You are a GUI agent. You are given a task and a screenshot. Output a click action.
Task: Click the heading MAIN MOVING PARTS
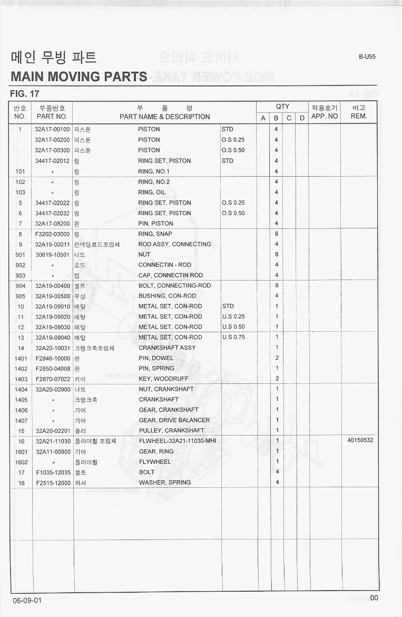tap(79, 76)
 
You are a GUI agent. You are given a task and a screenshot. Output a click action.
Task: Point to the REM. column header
tap(358, 116)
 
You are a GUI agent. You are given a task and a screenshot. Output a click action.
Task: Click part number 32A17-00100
tap(52, 129)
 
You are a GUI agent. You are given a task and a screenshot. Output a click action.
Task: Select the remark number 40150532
tap(360, 440)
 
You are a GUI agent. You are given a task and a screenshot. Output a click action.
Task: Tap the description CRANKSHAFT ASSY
tap(167, 348)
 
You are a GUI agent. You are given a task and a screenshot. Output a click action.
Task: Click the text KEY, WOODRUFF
tap(163, 379)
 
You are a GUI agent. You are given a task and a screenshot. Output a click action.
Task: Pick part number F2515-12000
tap(53, 483)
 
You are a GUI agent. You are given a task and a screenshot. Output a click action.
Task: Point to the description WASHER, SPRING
tap(165, 483)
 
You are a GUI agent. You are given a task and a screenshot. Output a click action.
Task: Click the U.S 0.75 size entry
tap(233, 337)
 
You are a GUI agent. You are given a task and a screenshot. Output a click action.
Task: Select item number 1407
tap(21, 420)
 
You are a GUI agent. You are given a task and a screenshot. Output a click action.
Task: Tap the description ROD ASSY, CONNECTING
tap(174, 244)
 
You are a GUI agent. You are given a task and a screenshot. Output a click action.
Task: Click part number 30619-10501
tap(52, 255)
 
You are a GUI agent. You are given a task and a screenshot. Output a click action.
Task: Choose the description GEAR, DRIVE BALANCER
tap(174, 420)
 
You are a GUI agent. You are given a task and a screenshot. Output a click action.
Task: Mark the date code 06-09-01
tap(27, 601)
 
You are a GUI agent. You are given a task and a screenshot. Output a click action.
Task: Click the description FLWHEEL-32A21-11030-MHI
tap(178, 441)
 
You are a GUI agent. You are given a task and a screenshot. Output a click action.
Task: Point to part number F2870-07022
tap(53, 379)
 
